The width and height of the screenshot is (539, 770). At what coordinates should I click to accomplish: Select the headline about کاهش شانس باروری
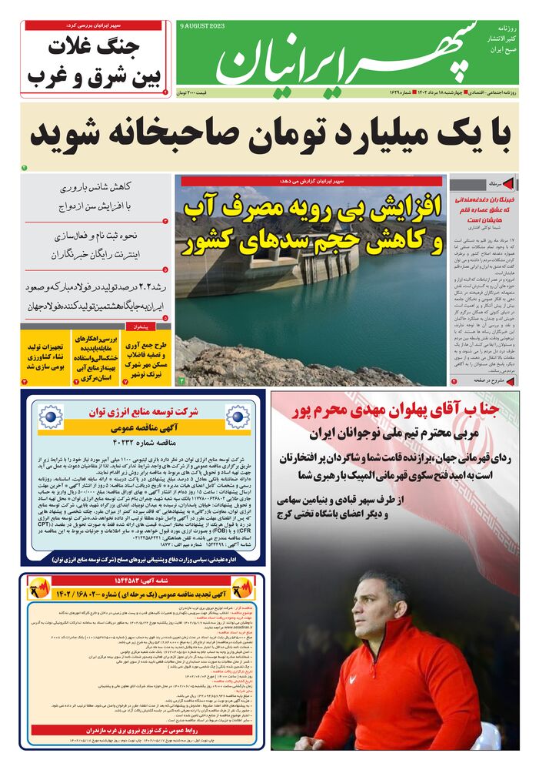tap(95, 187)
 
